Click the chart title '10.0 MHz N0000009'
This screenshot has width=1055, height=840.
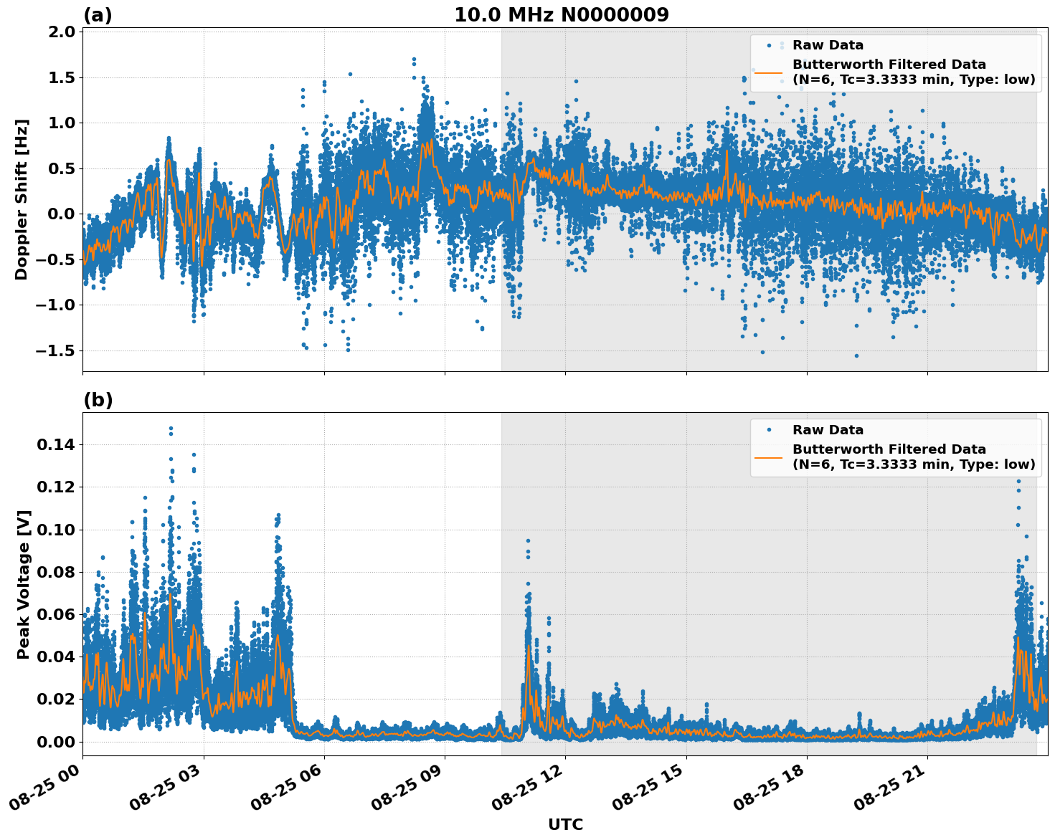point(561,15)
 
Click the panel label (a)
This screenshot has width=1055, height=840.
point(98,15)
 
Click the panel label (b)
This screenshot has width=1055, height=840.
point(98,400)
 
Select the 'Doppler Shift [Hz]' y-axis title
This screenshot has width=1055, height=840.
point(22,199)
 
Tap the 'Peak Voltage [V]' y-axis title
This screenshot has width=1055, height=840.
point(24,584)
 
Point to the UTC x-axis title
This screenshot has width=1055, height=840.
point(565,824)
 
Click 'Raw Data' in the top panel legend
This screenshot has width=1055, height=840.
point(828,45)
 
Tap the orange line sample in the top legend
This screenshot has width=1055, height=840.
point(769,72)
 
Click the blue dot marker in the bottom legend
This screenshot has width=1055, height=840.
point(769,430)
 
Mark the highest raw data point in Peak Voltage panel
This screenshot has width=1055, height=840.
point(171,429)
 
